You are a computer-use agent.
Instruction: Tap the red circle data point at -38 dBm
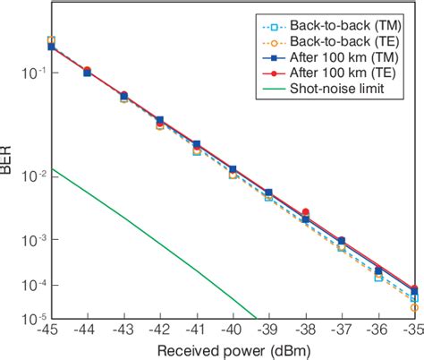pos(305,212)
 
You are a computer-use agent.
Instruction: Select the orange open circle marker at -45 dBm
pos(51,40)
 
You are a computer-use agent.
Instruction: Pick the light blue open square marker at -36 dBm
pos(377,278)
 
